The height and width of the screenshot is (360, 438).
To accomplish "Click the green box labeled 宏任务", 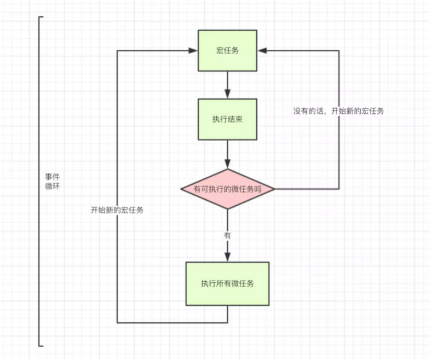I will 227,51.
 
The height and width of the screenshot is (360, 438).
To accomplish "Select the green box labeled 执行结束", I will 227,119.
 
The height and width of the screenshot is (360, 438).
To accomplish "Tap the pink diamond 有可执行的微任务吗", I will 227,189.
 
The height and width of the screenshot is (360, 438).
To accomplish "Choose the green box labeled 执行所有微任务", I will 227,283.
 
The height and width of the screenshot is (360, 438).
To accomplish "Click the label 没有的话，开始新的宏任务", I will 338,111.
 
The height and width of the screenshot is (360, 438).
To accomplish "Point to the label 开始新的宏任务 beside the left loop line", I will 118,210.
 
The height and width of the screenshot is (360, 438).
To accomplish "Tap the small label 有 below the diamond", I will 227,235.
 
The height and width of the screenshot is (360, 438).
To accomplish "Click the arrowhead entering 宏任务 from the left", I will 194,51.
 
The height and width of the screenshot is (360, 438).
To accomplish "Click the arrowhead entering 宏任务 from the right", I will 261,51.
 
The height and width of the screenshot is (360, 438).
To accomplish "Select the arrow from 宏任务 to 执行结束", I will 227,84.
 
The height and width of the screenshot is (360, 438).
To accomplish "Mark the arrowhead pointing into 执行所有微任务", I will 227,257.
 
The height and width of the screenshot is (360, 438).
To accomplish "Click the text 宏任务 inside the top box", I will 227,51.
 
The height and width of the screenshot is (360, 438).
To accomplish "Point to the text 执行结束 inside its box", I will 227,119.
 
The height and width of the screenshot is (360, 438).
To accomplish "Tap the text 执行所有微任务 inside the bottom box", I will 227,283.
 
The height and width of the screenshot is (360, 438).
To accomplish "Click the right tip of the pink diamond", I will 274,189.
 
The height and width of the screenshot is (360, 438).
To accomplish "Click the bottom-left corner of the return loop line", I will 118,322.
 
